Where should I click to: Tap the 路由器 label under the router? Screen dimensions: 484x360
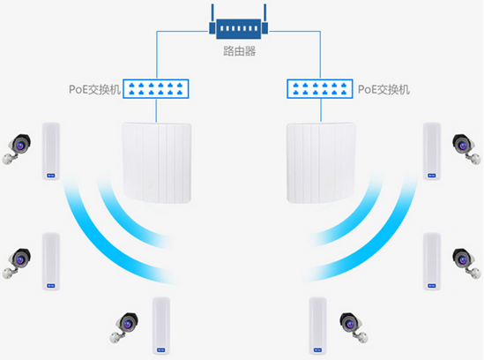(x=240, y=51)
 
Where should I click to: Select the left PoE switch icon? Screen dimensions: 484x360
(x=156, y=89)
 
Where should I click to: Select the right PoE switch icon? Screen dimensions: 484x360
(x=320, y=89)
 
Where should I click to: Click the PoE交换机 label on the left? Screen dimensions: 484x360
(x=94, y=90)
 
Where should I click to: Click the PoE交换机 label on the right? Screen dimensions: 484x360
(x=383, y=90)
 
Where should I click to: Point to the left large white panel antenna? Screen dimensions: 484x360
(x=157, y=163)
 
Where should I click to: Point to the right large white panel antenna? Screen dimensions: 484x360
(x=321, y=163)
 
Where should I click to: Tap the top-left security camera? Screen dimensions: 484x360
(x=17, y=149)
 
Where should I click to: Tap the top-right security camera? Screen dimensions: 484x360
(x=466, y=149)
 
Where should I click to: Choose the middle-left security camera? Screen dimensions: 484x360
(x=17, y=263)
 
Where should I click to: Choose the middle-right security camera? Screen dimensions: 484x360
(x=466, y=263)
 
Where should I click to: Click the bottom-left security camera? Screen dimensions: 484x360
(x=124, y=327)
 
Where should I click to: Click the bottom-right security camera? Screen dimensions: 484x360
(x=354, y=327)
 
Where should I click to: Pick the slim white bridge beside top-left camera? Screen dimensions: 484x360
(x=51, y=151)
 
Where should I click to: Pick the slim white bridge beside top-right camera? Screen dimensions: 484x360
(x=432, y=151)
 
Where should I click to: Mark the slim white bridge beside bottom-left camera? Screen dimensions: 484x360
(x=160, y=326)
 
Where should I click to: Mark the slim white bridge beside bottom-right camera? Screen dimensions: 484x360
(x=317, y=326)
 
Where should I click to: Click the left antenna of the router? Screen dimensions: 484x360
(x=212, y=19)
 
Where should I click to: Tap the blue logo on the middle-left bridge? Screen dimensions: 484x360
(x=51, y=286)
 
